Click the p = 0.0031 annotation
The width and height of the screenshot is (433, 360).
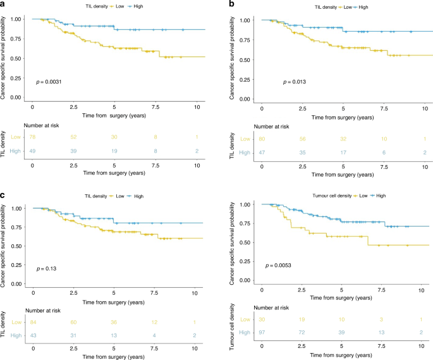pyautogui.click(x=47, y=82)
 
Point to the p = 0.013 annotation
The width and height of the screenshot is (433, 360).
pyautogui.click(x=295, y=82)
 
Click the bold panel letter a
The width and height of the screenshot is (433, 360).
pyautogui.click(x=4, y=4)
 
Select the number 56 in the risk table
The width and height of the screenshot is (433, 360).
pyautogui.click(x=302, y=138)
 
